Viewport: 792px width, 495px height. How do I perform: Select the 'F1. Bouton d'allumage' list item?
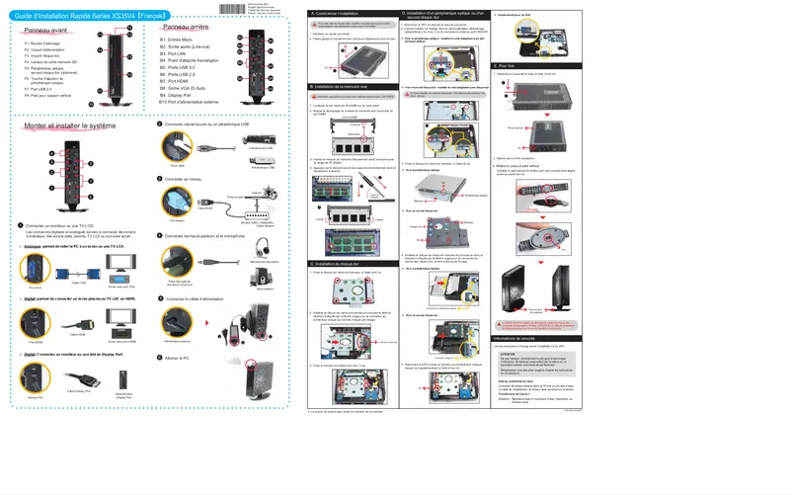(43, 44)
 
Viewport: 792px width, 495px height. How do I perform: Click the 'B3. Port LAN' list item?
(179, 53)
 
